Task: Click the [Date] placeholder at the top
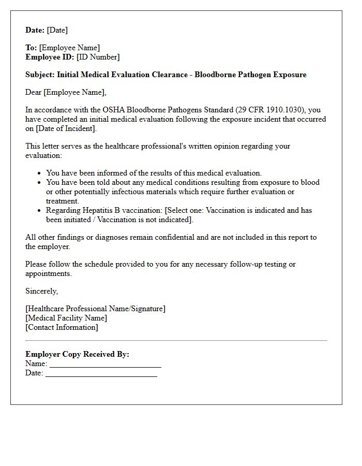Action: point(57,30)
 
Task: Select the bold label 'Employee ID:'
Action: point(50,57)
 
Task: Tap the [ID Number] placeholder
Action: point(98,57)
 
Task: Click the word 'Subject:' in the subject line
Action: point(40,75)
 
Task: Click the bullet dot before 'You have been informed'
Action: point(39,173)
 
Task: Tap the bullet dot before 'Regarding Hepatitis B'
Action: point(39,211)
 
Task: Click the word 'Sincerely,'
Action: point(42,291)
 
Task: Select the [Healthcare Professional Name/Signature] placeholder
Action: point(96,309)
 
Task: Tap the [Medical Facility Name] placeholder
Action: point(66,318)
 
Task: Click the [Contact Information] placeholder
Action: point(62,327)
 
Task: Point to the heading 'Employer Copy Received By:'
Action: point(77,354)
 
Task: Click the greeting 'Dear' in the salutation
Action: point(34,92)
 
